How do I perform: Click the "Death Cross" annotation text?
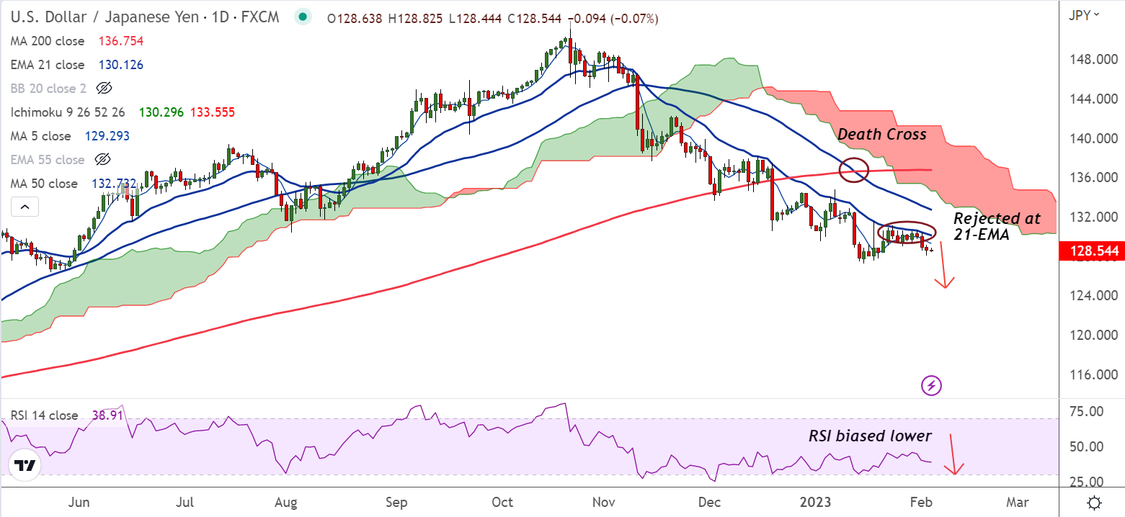point(881,134)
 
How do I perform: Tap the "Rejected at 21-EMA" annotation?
point(997,226)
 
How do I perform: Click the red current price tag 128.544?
point(1089,251)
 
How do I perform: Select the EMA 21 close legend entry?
point(48,65)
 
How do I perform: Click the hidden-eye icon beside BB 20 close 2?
point(104,89)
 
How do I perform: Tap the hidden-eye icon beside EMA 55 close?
point(104,160)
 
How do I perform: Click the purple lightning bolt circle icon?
point(932,385)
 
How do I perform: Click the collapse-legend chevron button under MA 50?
point(25,208)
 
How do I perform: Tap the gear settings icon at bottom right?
point(1094,502)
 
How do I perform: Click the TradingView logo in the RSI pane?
point(25,466)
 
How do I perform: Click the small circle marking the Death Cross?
point(855,170)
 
